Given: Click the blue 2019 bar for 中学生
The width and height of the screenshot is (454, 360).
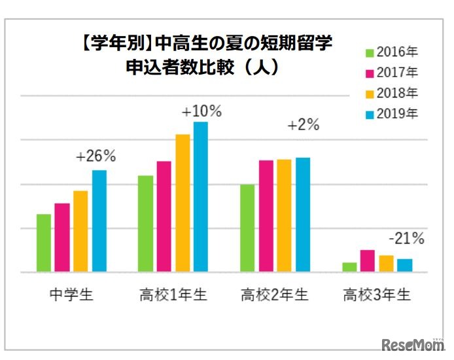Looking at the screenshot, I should pyautogui.click(x=99, y=221).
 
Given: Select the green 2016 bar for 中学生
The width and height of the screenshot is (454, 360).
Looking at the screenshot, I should pyautogui.click(x=44, y=243).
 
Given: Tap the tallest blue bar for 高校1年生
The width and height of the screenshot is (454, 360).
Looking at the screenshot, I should pyautogui.click(x=200, y=196).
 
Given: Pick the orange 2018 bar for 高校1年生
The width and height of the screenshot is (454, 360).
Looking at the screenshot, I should pyautogui.click(x=183, y=203).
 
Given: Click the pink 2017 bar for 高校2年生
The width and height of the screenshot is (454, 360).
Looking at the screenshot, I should pyautogui.click(x=266, y=216).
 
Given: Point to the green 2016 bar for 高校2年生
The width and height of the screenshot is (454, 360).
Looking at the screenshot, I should pyautogui.click(x=247, y=228).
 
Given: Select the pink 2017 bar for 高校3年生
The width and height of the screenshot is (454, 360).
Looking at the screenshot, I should pyautogui.click(x=368, y=261).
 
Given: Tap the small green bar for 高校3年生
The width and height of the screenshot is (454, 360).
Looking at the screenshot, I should pyautogui.click(x=350, y=267).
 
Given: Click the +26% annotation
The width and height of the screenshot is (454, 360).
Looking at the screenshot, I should pyautogui.click(x=96, y=156).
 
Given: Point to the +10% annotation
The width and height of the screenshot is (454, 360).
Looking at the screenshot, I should pyautogui.click(x=201, y=111).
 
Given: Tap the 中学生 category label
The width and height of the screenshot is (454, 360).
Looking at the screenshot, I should pyautogui.click(x=71, y=295).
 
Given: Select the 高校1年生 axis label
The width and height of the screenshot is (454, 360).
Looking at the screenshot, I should pyautogui.click(x=173, y=295).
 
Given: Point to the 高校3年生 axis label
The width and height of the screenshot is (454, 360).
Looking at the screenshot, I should pyautogui.click(x=377, y=295).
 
